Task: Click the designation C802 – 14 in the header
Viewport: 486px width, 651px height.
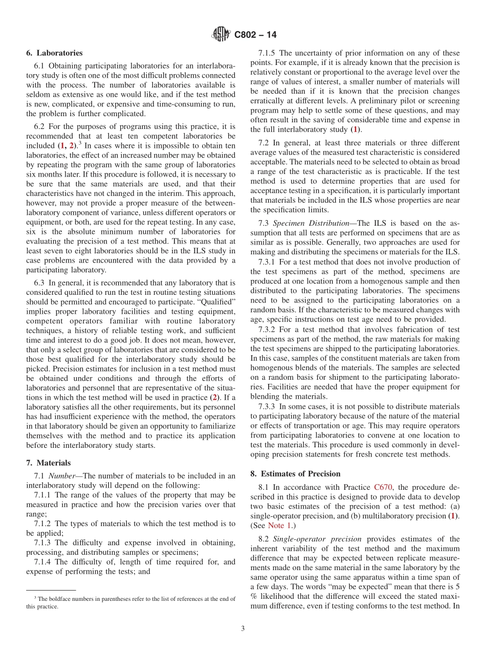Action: point(255,35)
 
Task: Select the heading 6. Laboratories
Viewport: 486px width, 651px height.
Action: point(54,53)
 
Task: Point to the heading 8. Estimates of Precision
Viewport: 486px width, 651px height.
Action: point(295,473)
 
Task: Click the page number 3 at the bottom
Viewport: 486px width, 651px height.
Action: point(243,628)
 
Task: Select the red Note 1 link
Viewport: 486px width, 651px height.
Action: point(280,526)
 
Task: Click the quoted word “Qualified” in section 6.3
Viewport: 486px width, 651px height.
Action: point(219,301)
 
